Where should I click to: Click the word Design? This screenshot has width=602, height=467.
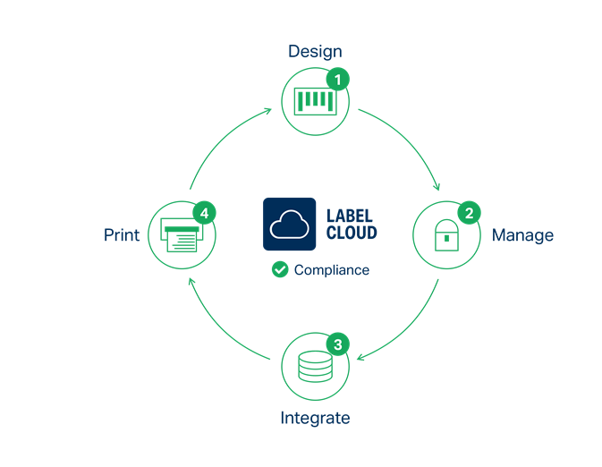coord(315,51)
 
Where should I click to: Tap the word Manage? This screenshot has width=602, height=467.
coord(522,235)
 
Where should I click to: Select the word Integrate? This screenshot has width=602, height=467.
coord(315,418)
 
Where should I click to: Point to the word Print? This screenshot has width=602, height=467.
coord(122,235)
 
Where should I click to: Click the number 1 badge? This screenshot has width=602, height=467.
coord(337,80)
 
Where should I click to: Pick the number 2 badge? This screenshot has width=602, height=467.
coord(468,213)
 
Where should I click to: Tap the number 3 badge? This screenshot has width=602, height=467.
coord(337,344)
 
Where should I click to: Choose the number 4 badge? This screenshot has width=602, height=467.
coord(205,213)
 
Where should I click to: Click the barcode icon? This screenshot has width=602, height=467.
coord(315,101)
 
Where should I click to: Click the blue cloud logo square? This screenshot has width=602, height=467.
coord(290,224)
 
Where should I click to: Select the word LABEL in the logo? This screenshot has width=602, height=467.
coord(352,217)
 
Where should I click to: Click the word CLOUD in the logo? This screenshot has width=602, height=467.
coord(352,233)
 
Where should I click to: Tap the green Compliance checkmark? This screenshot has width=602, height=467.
coord(280,269)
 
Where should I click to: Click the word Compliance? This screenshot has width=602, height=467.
coord(331,270)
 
